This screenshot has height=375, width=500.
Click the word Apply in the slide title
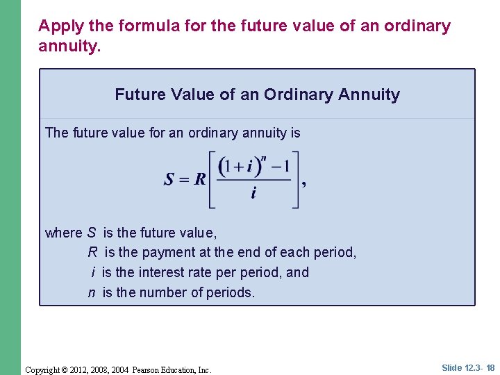click(x=56, y=26)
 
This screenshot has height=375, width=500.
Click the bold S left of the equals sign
click(x=169, y=180)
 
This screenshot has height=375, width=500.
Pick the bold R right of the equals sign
click(x=199, y=180)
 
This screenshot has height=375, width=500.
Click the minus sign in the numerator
click(x=276, y=167)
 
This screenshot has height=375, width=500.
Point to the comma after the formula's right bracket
click(x=304, y=184)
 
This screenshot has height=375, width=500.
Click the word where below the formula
click(x=63, y=233)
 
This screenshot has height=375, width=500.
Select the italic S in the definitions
click(x=92, y=233)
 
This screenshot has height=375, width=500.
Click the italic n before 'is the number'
click(x=92, y=292)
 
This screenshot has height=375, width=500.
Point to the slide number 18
click(x=490, y=368)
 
